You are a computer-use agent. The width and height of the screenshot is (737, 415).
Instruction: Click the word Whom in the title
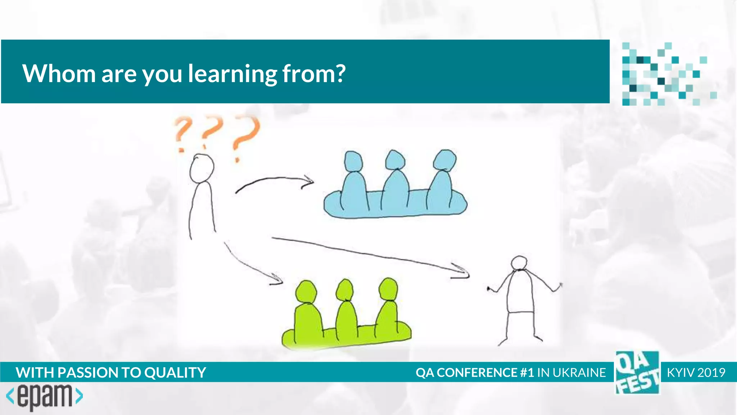click(59, 73)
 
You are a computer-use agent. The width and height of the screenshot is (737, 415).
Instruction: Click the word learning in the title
click(232, 74)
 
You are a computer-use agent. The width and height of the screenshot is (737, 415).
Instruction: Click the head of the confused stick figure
click(202, 168)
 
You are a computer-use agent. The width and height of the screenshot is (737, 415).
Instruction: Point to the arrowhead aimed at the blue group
click(308, 181)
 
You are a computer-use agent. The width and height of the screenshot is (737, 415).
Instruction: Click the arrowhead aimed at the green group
click(276, 280)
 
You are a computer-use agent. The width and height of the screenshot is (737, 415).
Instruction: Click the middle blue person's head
click(395, 160)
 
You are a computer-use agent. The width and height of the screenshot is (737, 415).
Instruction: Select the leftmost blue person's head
click(353, 161)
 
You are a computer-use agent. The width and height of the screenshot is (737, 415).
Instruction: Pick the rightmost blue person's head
click(445, 160)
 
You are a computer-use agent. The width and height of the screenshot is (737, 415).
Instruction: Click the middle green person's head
click(345, 289)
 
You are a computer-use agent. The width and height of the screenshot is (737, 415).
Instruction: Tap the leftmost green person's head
click(306, 291)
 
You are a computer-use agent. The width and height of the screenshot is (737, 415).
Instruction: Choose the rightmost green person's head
click(388, 288)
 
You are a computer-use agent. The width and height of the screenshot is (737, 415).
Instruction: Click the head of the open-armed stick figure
click(519, 263)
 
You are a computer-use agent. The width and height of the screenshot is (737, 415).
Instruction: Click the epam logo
click(45, 397)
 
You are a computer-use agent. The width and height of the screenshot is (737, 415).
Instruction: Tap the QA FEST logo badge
click(637, 372)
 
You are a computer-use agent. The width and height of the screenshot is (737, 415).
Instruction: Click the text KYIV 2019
click(696, 372)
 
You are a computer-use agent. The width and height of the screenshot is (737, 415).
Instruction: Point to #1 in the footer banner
click(527, 372)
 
